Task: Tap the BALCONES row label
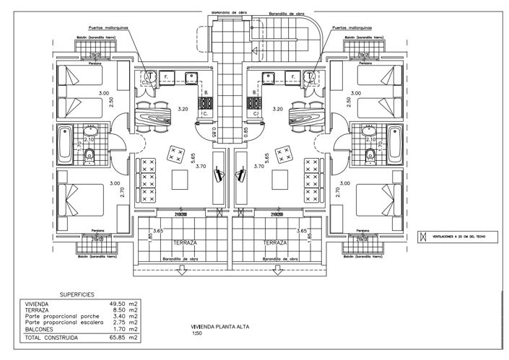[43, 328]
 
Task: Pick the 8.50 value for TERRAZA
[118, 310]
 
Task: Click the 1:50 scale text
[196, 333]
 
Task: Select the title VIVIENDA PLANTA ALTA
[214, 327]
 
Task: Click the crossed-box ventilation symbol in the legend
[423, 236]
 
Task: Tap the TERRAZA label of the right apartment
[276, 243]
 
